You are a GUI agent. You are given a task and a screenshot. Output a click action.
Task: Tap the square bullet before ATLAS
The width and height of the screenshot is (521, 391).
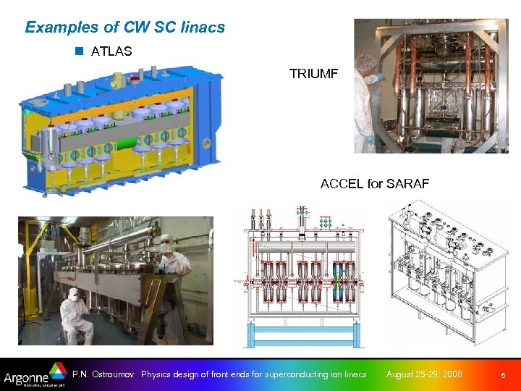[x=80, y=51]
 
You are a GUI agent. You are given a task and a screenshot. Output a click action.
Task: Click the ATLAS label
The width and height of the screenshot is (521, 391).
[x=111, y=51]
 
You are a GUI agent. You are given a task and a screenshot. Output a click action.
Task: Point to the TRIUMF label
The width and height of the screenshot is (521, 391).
[x=313, y=74]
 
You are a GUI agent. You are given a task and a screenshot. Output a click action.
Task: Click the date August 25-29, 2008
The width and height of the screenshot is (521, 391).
[x=423, y=374]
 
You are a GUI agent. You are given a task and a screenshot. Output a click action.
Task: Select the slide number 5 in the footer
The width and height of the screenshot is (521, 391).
[x=503, y=375]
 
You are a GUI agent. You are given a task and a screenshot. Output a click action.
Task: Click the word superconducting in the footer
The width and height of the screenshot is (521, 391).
[x=284, y=374]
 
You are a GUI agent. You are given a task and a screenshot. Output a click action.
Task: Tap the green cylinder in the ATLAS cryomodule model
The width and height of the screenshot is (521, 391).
[x=118, y=135]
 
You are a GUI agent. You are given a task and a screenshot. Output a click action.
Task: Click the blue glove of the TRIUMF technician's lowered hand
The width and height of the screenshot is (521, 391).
[x=370, y=140]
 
